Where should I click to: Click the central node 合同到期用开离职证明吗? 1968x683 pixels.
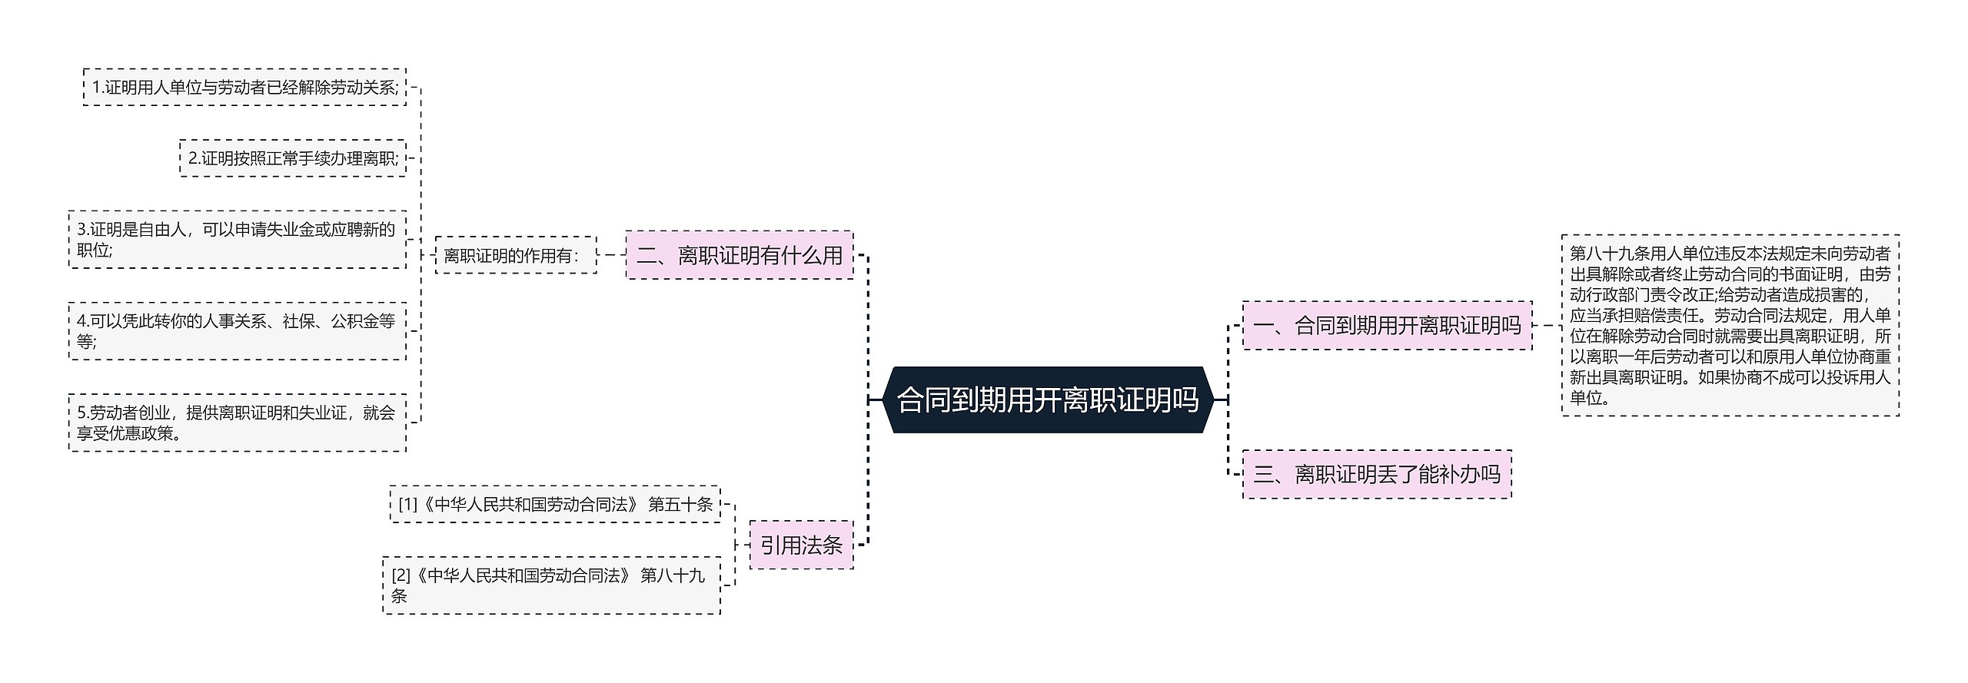point(1048,400)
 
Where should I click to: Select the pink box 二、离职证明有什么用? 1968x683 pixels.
point(740,255)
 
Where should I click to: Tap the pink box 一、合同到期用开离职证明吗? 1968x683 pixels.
point(1387,326)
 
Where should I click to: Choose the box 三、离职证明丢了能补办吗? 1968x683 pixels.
point(1376,474)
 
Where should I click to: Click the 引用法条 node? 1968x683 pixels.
point(801,545)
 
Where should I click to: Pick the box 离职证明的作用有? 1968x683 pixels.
point(515,255)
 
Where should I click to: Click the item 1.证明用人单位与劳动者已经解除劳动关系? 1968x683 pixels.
point(244,88)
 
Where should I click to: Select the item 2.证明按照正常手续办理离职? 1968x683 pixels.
point(292,158)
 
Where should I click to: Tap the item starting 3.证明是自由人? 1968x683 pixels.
point(237,240)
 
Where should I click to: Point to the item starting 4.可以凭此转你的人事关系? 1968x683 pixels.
point(237,331)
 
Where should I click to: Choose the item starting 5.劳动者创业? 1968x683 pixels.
point(237,423)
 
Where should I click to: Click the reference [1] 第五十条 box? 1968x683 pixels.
point(554,505)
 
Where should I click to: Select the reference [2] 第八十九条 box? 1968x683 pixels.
point(550,585)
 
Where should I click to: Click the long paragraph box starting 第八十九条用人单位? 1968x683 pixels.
point(1730,326)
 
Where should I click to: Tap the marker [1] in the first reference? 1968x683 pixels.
point(407,505)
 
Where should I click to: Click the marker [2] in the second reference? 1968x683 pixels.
point(400,575)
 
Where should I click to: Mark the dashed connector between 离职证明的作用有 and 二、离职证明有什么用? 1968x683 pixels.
point(611,255)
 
